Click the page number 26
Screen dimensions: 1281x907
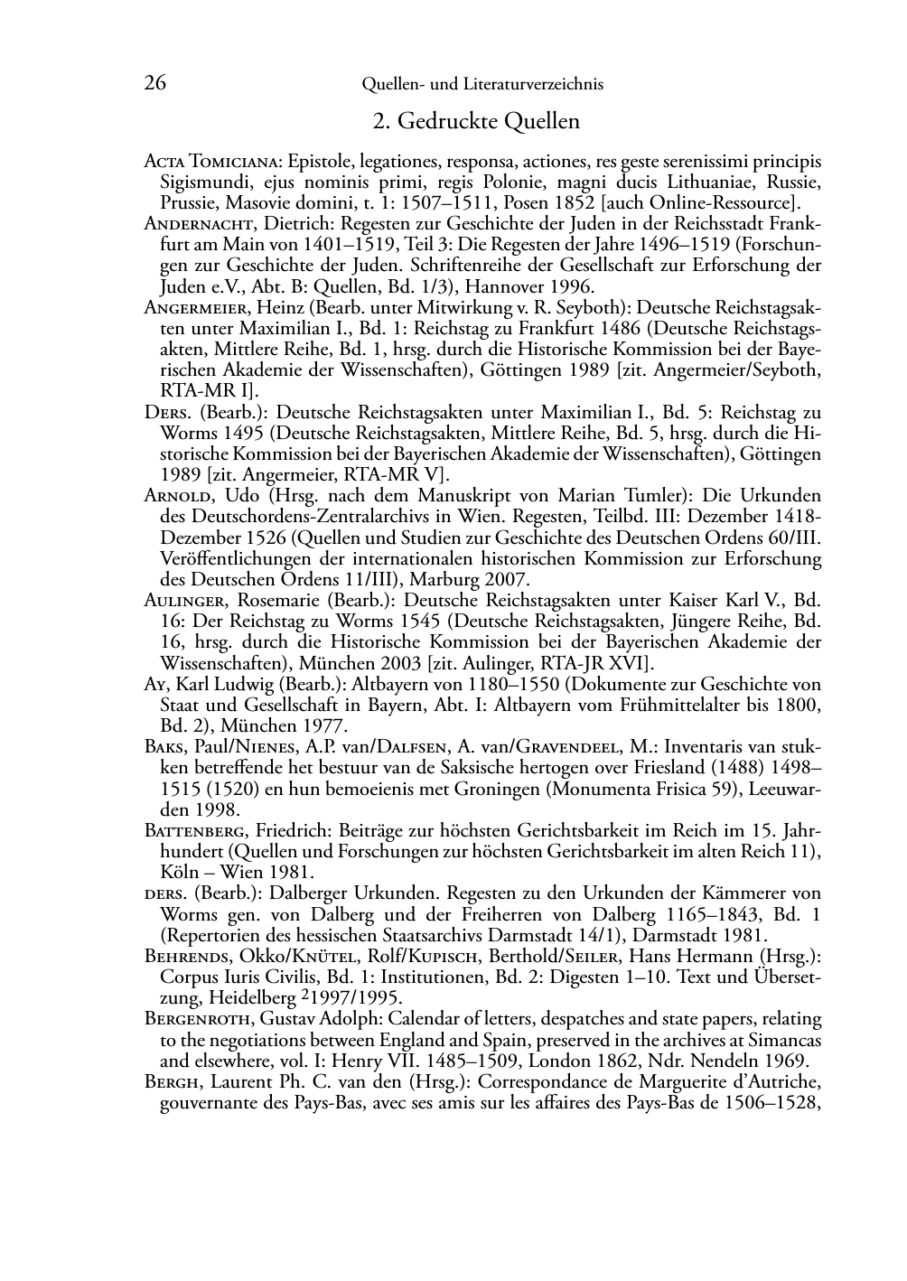coord(155,83)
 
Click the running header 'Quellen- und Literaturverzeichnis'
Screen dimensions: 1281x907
coord(482,84)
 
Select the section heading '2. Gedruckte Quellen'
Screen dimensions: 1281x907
coord(476,120)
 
